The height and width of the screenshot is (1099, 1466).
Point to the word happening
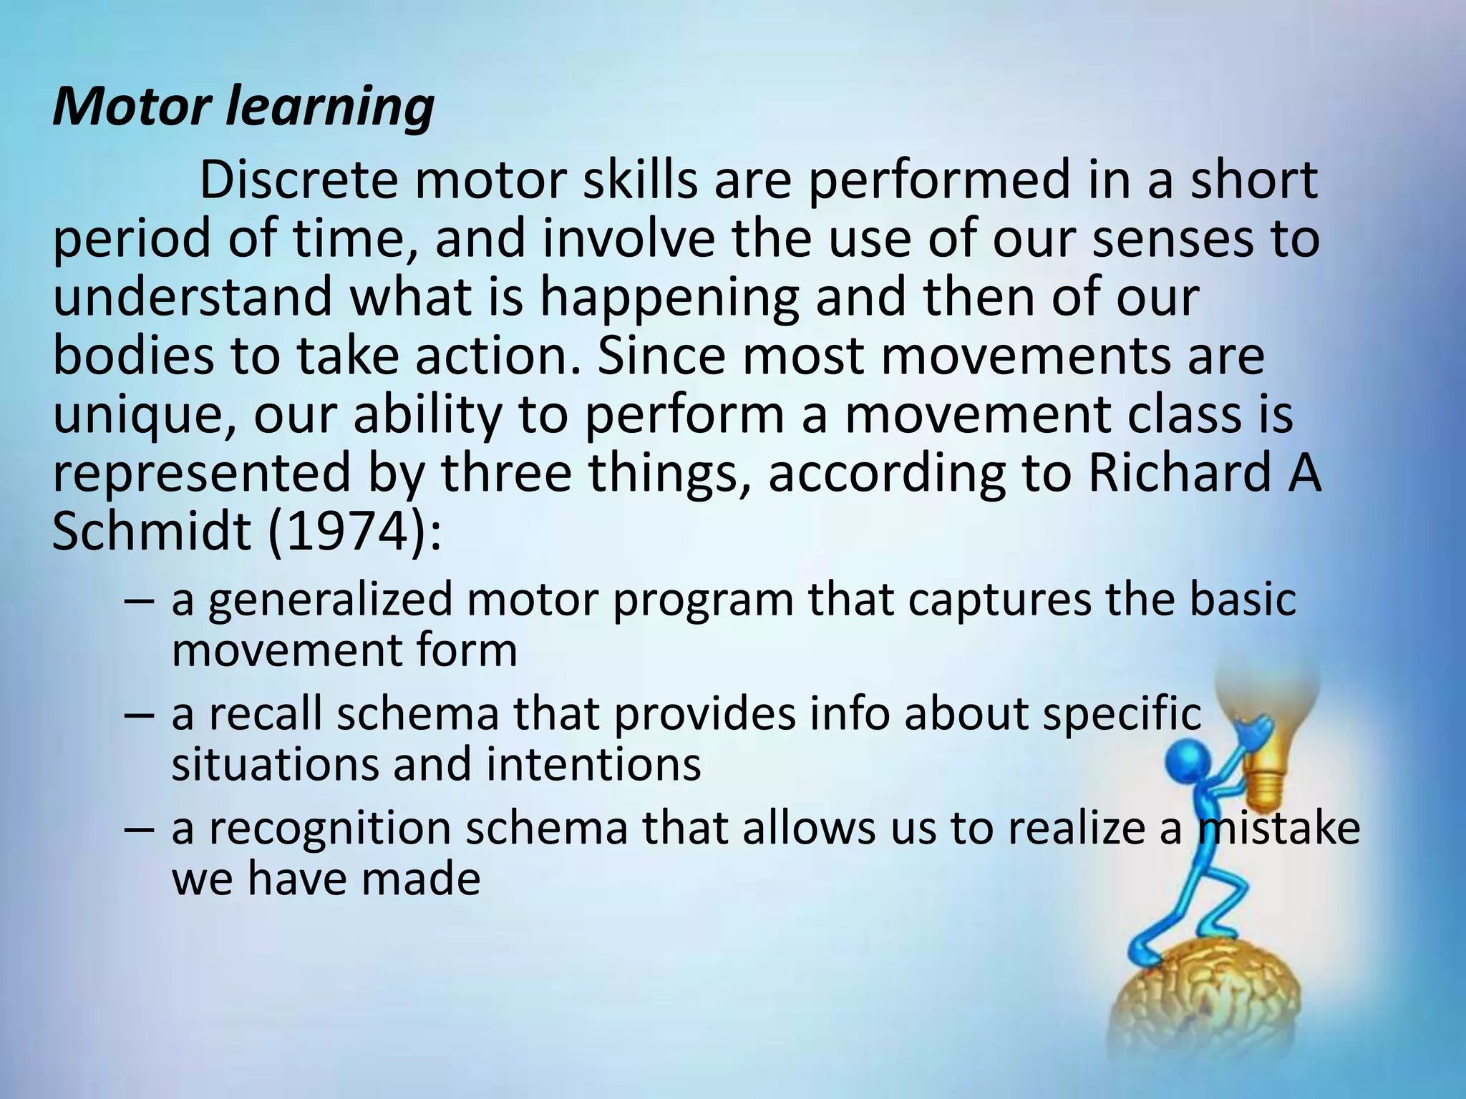pos(669,298)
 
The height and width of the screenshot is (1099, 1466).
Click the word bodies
pos(132,356)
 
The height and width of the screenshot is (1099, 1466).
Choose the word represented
pos(201,473)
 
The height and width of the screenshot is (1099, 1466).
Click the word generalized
pos(331,600)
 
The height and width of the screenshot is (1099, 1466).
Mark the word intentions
pos(593,764)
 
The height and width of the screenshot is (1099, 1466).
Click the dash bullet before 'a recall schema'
pos(138,715)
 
